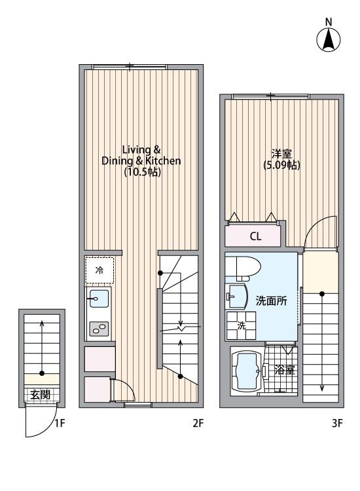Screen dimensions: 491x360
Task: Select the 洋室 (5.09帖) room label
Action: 282,160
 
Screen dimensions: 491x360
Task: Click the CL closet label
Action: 255,236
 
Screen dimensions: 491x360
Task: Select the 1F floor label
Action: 60,423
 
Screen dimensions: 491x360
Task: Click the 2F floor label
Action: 198,423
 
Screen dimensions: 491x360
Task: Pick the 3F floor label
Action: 337,423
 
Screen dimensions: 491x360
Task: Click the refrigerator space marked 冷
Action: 99,270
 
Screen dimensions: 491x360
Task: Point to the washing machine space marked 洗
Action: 240,326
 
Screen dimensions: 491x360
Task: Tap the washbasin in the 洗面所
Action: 236,297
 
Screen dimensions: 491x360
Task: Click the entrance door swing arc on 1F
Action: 38,422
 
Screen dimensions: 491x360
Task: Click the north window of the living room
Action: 130,65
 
